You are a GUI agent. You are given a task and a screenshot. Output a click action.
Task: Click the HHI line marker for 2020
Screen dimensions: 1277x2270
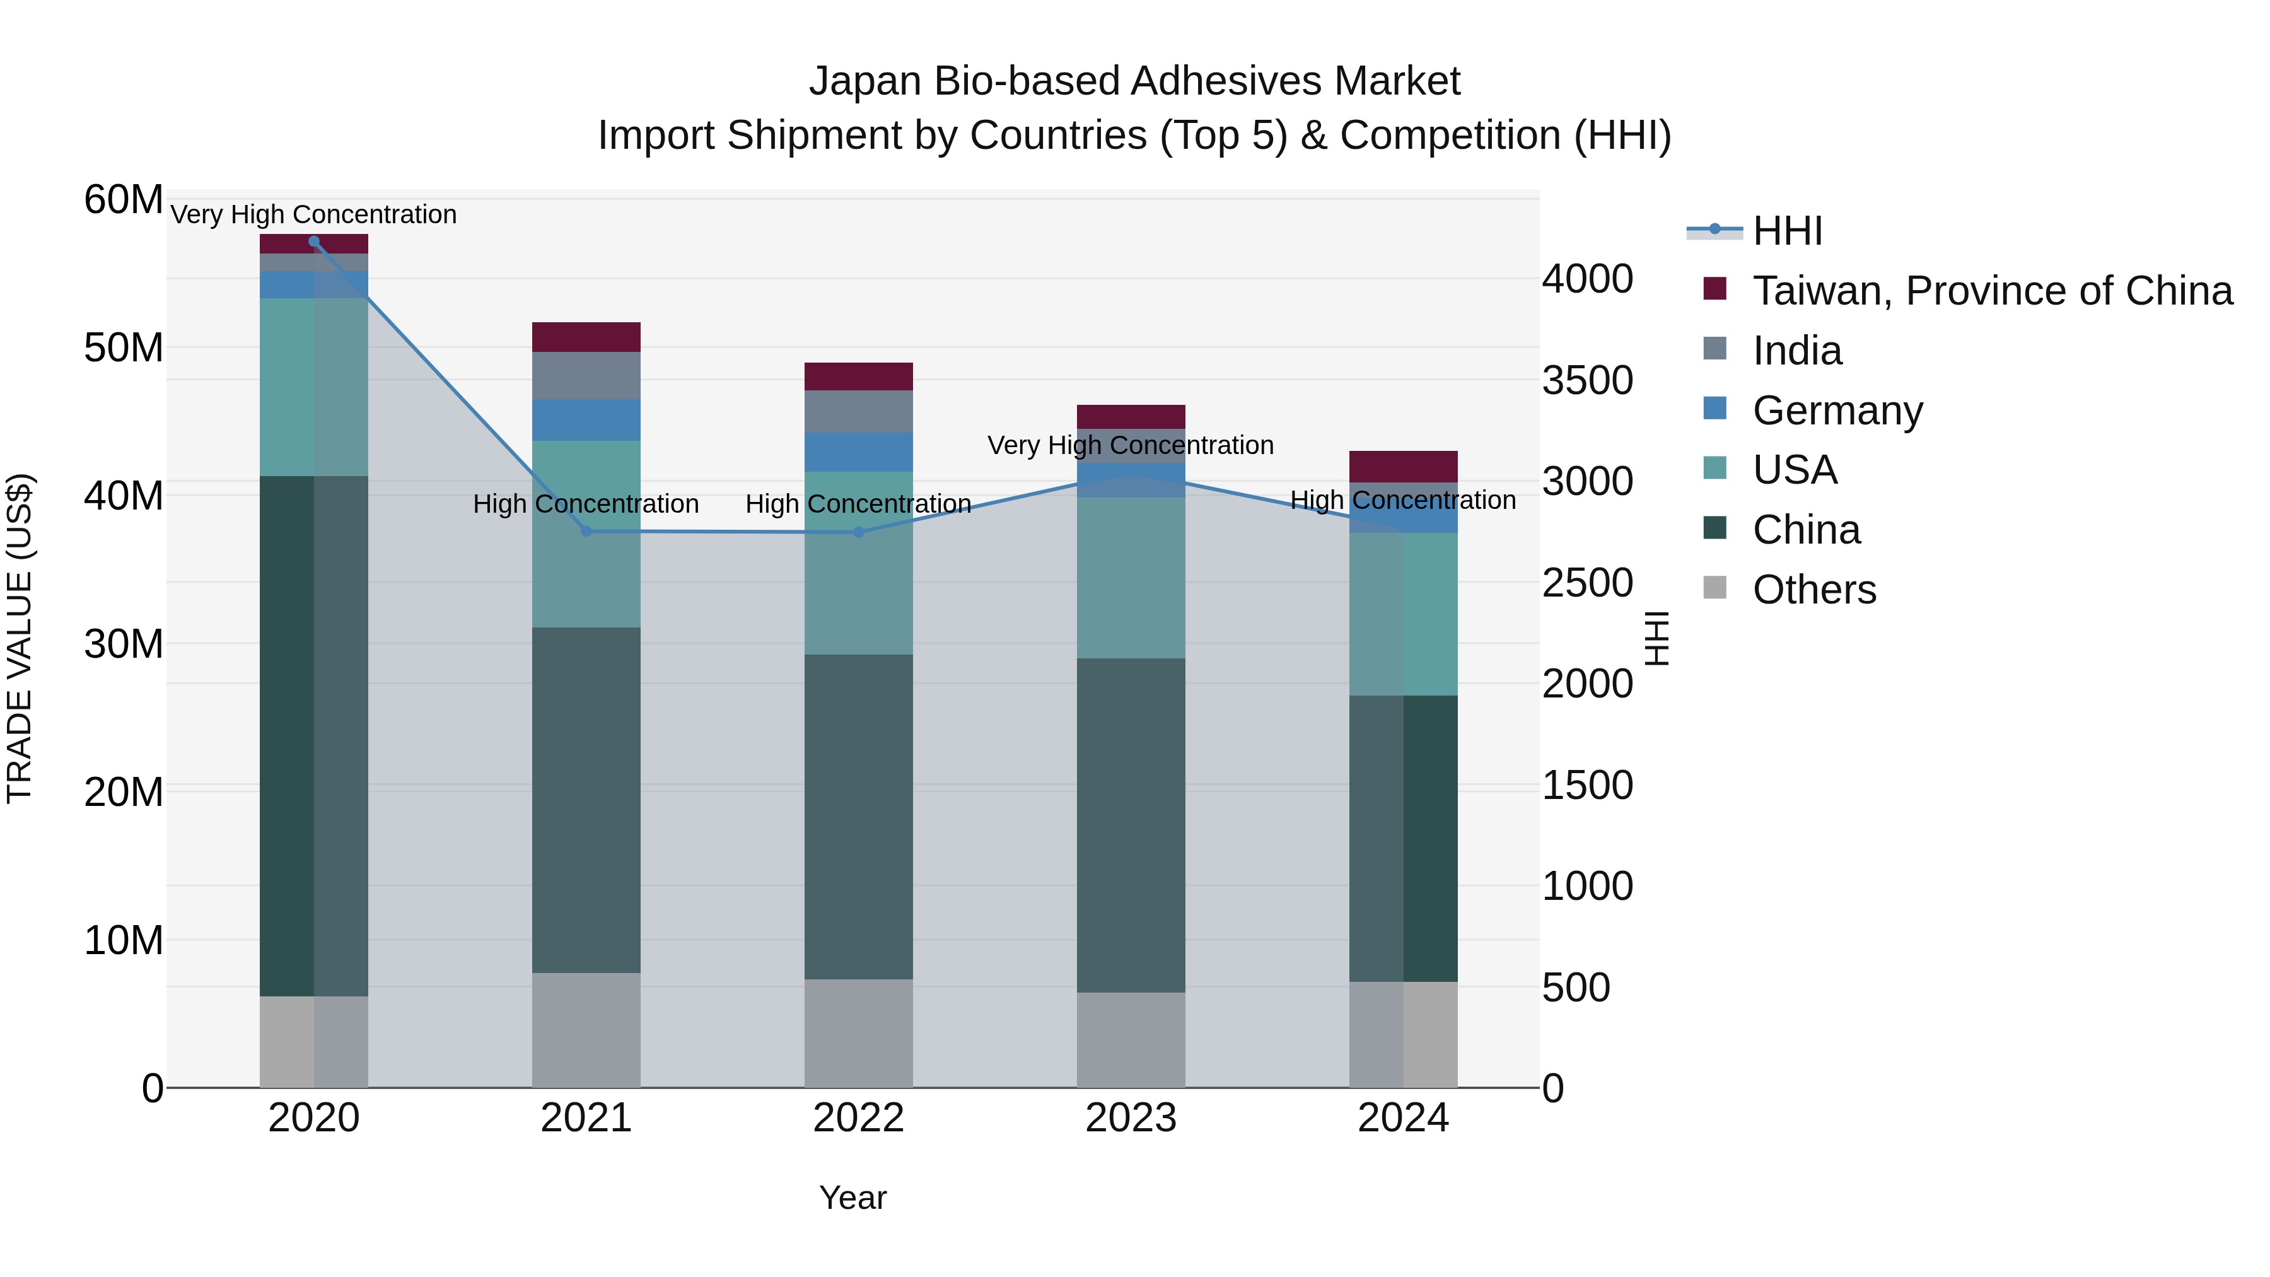point(314,242)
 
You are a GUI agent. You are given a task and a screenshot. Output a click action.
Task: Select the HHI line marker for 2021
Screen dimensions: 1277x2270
point(586,532)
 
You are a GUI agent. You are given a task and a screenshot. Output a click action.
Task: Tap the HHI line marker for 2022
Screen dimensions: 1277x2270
point(859,532)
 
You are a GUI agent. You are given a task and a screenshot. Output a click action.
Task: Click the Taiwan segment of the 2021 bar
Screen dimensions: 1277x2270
point(586,337)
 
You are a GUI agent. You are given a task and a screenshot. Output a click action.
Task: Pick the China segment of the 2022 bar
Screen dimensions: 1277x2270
point(859,816)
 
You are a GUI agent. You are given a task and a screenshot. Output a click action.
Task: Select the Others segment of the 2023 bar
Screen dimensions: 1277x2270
point(1131,1040)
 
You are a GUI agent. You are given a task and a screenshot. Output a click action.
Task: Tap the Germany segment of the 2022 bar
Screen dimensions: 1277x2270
point(859,452)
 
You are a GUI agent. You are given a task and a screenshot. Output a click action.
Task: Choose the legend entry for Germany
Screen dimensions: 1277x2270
point(1837,411)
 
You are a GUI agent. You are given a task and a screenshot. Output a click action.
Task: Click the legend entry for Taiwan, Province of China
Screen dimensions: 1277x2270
point(1991,291)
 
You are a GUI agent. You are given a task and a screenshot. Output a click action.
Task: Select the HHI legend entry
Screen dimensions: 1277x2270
point(1787,231)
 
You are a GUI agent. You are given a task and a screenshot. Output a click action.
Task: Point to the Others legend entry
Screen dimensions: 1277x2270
point(1813,590)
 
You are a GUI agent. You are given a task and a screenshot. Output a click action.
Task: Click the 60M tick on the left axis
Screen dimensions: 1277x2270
point(124,200)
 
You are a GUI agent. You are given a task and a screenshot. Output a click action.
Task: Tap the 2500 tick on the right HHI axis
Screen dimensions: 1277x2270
point(1587,583)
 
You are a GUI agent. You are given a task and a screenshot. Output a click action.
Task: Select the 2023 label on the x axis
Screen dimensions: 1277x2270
point(1131,1118)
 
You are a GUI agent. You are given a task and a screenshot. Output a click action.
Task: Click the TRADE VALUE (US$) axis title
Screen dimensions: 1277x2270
point(20,638)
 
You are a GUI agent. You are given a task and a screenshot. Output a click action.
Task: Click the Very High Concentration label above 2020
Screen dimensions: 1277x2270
point(314,214)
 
